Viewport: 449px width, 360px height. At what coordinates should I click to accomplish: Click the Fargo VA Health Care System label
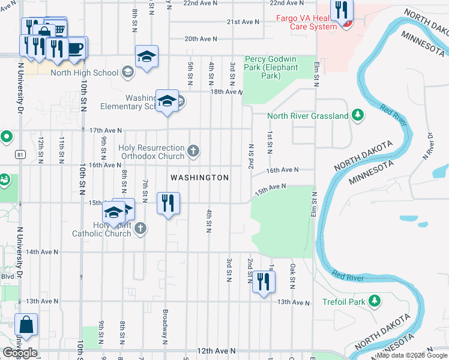(x=306, y=22)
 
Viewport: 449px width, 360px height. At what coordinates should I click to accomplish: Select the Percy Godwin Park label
(x=271, y=67)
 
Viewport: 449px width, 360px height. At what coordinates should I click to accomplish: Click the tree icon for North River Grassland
(x=357, y=115)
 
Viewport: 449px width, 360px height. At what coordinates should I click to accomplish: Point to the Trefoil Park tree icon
(x=375, y=300)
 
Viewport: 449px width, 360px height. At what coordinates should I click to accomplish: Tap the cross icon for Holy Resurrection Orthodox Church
(x=193, y=151)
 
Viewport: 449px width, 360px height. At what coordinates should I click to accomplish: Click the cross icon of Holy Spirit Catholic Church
(x=140, y=228)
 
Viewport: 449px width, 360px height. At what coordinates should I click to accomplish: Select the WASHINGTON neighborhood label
(x=199, y=178)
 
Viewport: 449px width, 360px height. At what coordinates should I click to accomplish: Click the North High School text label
(x=84, y=73)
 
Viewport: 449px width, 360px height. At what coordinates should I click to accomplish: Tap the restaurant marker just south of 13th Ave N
(x=262, y=281)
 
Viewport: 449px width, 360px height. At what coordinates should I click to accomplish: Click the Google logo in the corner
(x=20, y=353)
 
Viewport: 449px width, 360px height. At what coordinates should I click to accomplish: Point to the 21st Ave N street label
(x=243, y=22)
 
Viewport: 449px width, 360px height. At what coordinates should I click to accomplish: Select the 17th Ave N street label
(x=105, y=130)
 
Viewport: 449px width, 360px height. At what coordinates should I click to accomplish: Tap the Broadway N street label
(x=164, y=326)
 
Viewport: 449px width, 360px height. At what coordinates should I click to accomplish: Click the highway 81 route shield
(x=21, y=155)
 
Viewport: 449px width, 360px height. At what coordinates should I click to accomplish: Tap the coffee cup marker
(x=75, y=48)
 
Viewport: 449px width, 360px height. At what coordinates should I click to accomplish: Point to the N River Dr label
(x=427, y=146)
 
